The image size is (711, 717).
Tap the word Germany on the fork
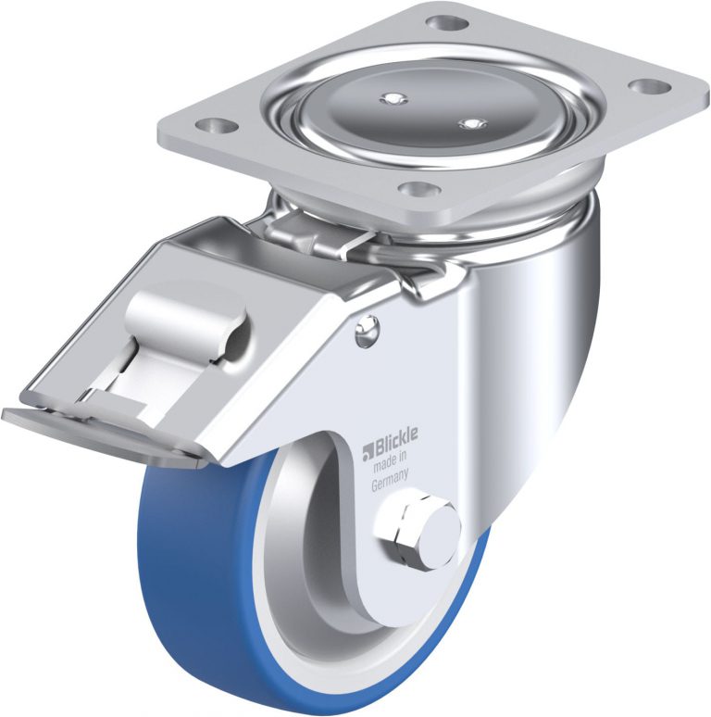click(390, 482)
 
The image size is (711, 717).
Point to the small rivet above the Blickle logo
click(367, 330)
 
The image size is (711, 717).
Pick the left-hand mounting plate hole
click(214, 123)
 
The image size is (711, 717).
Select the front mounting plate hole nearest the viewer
click(416, 187)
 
